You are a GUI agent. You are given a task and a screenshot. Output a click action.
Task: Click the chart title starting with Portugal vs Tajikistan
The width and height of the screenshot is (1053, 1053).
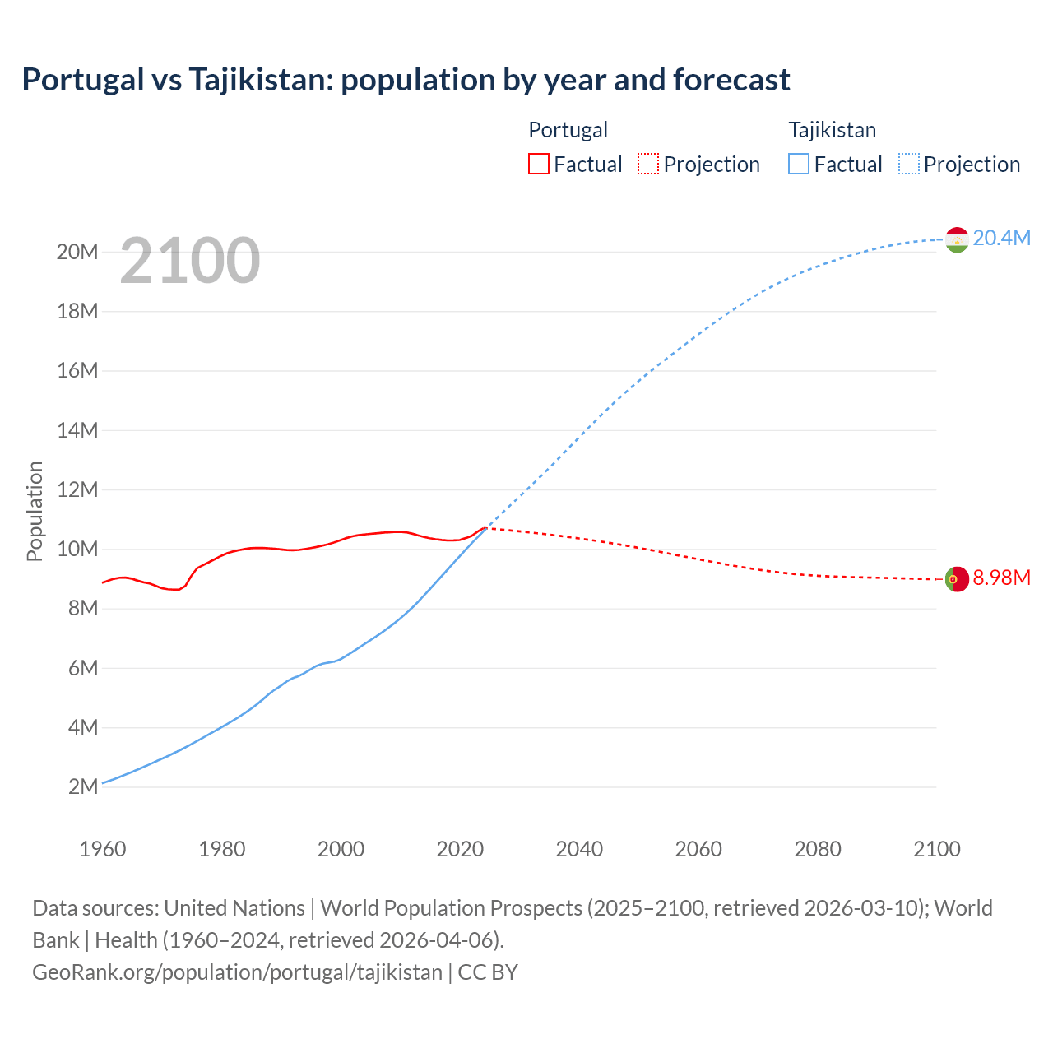pos(406,80)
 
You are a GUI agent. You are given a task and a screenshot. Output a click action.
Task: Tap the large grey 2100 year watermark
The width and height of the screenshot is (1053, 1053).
pos(190,261)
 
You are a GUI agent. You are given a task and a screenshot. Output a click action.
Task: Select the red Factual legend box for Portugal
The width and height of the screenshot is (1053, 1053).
pos(538,165)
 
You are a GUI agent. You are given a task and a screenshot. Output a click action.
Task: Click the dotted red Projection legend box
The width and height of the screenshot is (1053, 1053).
pos(648,165)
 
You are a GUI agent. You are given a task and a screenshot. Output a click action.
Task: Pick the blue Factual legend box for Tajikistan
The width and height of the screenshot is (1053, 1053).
pos(799,165)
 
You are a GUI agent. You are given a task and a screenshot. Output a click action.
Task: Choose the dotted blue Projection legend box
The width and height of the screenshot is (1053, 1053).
pos(909,165)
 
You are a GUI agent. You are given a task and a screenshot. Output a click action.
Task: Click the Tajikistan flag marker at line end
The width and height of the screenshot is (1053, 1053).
pos(957,239)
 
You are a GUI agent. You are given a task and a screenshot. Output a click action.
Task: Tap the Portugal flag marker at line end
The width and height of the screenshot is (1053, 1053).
pos(957,579)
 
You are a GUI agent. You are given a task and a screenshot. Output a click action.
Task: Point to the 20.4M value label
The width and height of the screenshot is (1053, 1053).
pos(1001,239)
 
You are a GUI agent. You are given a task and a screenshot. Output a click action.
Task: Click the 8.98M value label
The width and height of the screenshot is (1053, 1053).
pos(1001,578)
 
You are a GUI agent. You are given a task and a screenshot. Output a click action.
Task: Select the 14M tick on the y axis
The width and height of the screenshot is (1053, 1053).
pos(77,430)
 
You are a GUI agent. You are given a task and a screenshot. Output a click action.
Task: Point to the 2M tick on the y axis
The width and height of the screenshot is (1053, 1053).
pos(83,786)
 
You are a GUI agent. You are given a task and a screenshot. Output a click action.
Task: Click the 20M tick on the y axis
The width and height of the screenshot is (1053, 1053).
pos(77,252)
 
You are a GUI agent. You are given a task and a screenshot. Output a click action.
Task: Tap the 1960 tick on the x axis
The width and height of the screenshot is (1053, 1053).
pos(103,849)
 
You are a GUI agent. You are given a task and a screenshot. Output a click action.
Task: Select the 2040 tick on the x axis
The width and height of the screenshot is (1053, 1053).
pos(579,849)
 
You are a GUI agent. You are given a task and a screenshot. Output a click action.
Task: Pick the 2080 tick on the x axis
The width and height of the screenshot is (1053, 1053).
pos(818,849)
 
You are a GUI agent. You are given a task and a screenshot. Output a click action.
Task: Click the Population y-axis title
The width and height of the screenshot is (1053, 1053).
pos(35,511)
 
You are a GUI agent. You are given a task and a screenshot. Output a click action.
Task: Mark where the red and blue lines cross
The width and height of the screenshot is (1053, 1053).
pos(486,527)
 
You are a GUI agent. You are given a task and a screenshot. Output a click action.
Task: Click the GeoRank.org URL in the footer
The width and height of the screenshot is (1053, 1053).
pos(237,972)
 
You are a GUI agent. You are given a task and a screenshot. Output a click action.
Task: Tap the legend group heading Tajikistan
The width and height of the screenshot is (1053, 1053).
pos(832,130)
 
